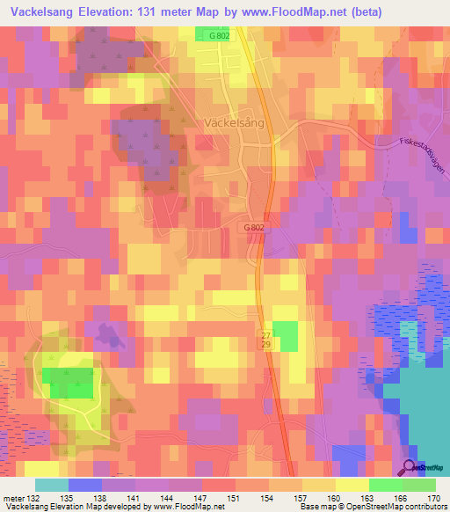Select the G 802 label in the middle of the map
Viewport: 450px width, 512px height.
coord(254,226)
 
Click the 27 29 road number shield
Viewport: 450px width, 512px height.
coord(265,340)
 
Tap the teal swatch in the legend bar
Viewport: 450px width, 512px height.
coord(52,485)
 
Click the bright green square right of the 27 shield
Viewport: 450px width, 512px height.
coord(285,334)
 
